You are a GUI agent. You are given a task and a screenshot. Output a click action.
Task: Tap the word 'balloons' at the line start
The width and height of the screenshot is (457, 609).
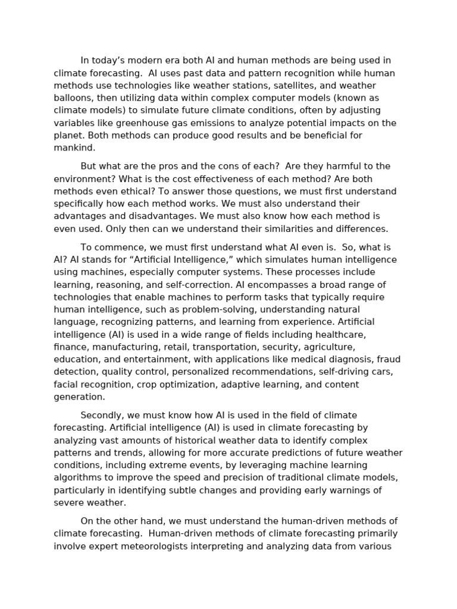[73, 98]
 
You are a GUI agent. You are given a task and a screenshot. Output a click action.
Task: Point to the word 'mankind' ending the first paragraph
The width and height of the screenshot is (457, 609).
[73, 148]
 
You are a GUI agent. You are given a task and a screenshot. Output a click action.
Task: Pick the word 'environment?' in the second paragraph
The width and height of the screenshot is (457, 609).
[82, 179]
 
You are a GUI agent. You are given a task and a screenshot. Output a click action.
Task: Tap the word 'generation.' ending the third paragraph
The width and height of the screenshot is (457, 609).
[79, 397]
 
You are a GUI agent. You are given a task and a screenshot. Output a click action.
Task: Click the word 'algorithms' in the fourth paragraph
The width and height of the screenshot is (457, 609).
[77, 478]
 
